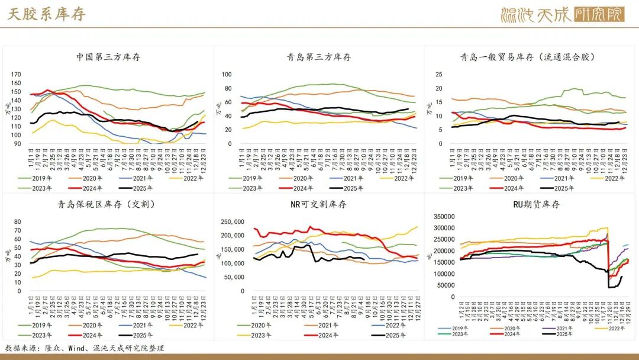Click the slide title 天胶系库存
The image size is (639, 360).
tap(47, 14)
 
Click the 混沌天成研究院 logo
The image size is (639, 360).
tap(561, 14)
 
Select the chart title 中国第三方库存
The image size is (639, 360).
tap(108, 57)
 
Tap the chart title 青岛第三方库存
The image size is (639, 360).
tap(319, 57)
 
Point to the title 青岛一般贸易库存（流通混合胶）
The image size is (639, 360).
tap(527, 57)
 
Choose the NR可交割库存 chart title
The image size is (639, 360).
tap(319, 204)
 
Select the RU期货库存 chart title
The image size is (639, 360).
tap(532, 204)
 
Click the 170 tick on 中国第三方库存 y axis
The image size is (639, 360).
tap(16, 75)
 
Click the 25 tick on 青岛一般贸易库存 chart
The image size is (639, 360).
tap(439, 75)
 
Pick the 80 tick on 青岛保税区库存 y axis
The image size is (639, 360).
tap(17, 222)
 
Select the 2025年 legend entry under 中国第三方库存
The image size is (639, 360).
tap(142, 188)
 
